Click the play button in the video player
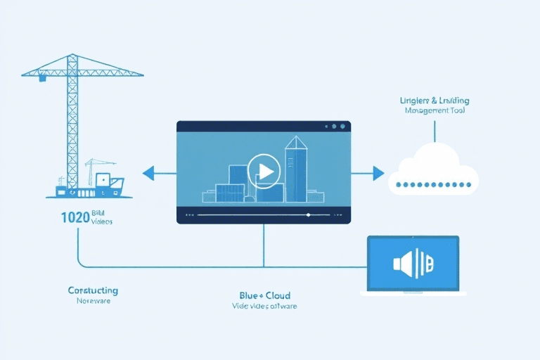click(x=264, y=170)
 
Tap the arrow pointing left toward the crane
click(x=148, y=172)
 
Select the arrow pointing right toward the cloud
click(x=378, y=172)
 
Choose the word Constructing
click(x=93, y=290)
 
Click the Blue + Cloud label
click(x=264, y=295)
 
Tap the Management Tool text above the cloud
click(x=435, y=111)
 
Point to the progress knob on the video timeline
click(x=307, y=214)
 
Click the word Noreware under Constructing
click(x=93, y=301)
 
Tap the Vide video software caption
click(x=264, y=307)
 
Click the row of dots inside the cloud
click(x=433, y=184)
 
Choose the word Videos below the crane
click(x=102, y=221)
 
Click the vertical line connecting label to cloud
click(x=435, y=131)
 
